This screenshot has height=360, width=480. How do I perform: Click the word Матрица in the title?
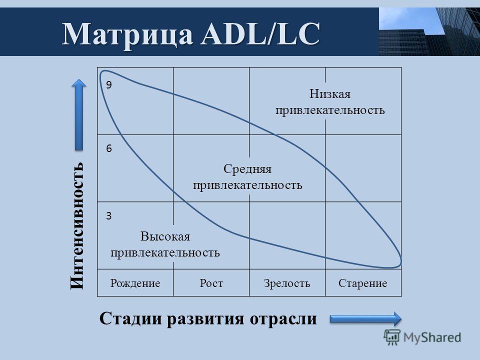coord(127,34)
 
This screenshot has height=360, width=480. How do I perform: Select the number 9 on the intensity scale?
coord(109,85)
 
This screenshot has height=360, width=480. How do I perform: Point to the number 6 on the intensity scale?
coord(109,148)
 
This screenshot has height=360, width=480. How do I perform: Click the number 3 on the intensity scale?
coord(109,216)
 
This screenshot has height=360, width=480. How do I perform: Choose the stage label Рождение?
coord(135,283)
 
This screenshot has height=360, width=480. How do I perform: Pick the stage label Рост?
coord(211,283)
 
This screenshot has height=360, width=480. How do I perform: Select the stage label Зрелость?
coord(287,283)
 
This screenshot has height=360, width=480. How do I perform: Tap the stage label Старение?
coord(363,283)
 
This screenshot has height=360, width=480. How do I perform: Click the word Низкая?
coord(330,93)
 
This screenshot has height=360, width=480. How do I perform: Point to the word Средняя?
coord(247,169)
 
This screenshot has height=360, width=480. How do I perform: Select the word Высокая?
coord(165,236)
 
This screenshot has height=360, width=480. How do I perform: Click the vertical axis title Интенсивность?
coord(77,225)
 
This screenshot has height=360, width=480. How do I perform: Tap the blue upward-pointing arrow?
coord(79,115)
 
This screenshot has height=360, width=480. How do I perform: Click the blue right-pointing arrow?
coord(365,319)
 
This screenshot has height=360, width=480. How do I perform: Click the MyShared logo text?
coord(432,337)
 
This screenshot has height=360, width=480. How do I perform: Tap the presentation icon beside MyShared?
coord(392,337)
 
